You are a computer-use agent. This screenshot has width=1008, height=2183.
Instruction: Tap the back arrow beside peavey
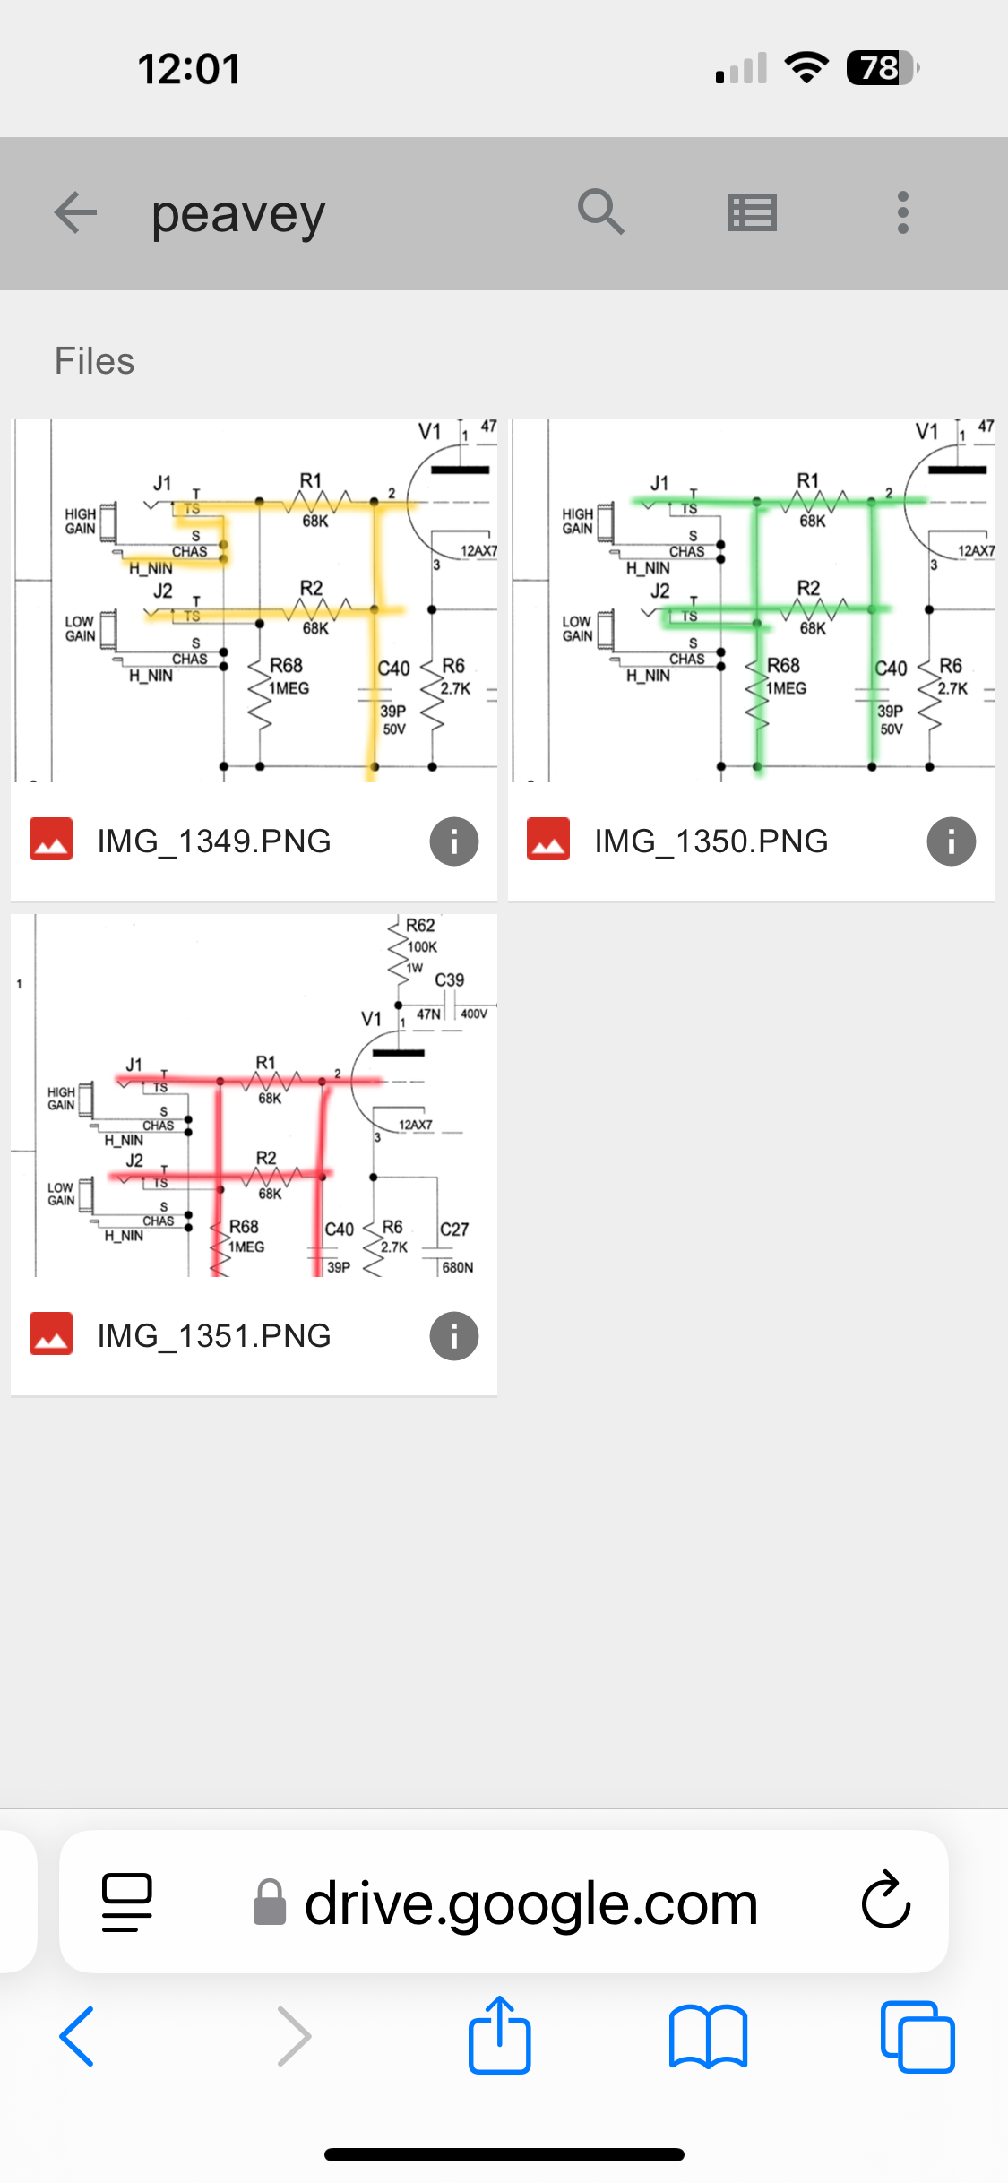(x=75, y=213)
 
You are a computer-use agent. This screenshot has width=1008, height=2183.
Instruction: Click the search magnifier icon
(x=600, y=212)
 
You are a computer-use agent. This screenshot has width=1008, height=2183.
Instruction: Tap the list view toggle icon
(x=752, y=213)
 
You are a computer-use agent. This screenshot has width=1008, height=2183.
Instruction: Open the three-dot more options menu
(x=902, y=213)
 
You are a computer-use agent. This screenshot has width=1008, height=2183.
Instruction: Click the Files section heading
(x=94, y=361)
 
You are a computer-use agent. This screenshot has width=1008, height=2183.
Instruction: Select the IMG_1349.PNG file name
(x=214, y=841)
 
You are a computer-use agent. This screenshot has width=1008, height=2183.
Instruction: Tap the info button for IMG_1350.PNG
(x=951, y=841)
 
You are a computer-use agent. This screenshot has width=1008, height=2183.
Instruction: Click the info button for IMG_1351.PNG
(x=453, y=1336)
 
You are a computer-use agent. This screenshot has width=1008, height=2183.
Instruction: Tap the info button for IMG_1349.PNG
(x=453, y=841)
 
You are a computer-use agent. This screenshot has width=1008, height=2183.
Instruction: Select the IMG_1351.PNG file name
(x=214, y=1336)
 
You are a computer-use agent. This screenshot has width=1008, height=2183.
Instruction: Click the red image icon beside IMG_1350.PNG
(x=548, y=840)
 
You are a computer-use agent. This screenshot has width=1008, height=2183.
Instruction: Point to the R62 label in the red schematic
(x=420, y=926)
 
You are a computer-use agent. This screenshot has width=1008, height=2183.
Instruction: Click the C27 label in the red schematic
(x=454, y=1230)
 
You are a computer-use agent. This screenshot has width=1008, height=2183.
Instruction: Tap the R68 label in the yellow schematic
(x=286, y=666)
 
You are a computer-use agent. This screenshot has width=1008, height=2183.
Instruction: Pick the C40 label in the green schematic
(x=891, y=669)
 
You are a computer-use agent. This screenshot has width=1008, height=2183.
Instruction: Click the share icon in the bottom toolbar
(x=500, y=2035)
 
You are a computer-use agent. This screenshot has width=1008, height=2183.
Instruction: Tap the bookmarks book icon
(x=708, y=2037)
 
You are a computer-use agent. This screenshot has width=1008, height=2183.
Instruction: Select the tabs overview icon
(x=917, y=2037)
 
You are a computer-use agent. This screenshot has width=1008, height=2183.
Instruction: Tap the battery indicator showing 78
(x=882, y=68)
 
